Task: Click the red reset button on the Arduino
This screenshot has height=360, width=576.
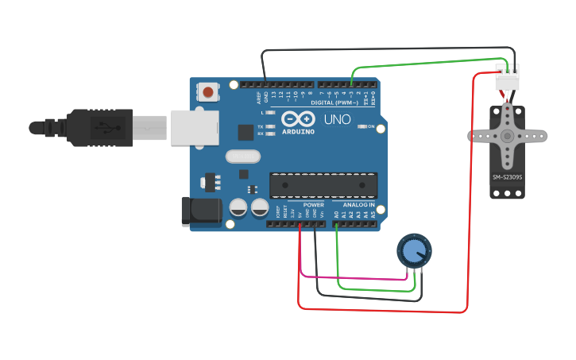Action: click(x=208, y=91)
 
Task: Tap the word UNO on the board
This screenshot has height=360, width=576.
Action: click(x=337, y=119)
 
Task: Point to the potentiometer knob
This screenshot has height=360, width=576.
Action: click(x=413, y=251)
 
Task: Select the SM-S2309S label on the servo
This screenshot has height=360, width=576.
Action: click(x=507, y=177)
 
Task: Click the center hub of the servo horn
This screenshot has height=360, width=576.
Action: click(x=507, y=136)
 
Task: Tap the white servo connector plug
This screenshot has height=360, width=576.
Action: click(x=507, y=79)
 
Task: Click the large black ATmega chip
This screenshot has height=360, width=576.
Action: click(x=323, y=184)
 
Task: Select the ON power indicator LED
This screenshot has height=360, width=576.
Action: click(x=361, y=126)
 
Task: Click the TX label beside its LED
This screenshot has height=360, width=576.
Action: click(x=261, y=126)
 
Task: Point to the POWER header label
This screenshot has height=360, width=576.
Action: click(x=313, y=205)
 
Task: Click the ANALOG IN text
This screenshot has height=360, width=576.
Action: click(x=359, y=205)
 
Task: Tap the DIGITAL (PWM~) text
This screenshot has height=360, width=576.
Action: click(x=334, y=102)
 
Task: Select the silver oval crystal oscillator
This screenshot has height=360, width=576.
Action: click(x=243, y=157)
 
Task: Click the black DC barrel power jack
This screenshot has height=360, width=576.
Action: click(x=202, y=210)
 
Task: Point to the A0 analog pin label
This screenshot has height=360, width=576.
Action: click(x=336, y=215)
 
